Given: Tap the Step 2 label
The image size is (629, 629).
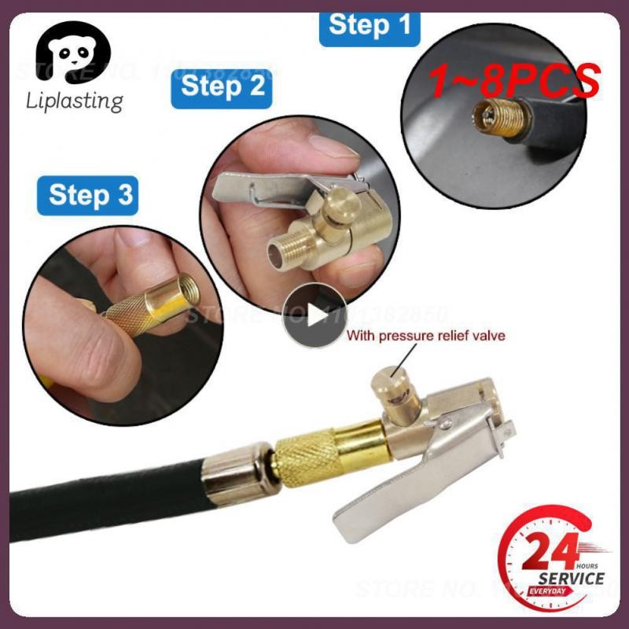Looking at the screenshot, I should tap(223, 86).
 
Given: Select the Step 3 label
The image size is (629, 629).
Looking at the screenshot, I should tap(88, 194).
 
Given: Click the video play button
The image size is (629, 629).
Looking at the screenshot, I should tap(314, 315).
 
